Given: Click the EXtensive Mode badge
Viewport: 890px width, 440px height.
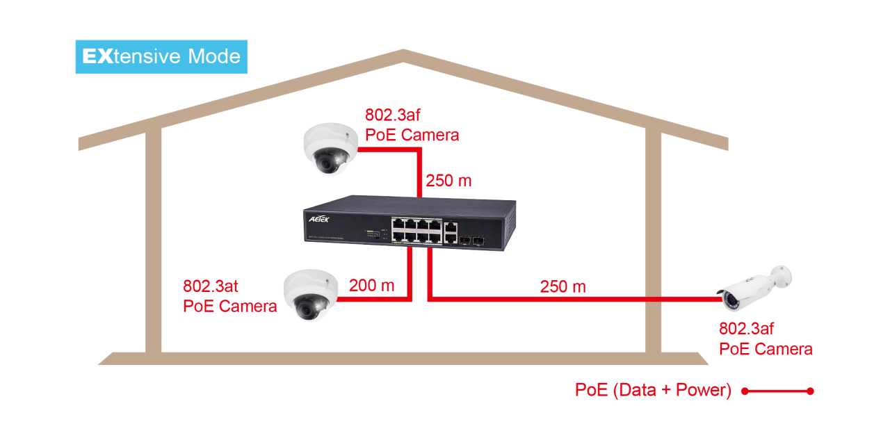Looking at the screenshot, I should tap(161, 56).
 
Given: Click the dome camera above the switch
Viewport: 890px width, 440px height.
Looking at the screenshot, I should tap(330, 148).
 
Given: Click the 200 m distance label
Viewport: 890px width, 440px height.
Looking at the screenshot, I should tap(371, 285).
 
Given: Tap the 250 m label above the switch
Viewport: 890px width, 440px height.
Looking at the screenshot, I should tap(448, 181).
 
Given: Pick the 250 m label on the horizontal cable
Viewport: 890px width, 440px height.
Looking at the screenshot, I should tap(563, 286).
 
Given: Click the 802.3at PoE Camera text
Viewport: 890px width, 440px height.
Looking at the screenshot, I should tap(230, 296).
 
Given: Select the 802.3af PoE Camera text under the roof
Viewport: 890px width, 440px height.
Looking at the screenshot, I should tap(412, 125).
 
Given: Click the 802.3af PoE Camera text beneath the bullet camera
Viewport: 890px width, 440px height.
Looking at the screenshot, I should tap(766, 339).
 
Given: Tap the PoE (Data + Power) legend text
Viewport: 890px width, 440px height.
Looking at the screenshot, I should tap(653, 391).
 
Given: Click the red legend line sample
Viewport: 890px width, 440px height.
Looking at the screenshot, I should tap(777, 391).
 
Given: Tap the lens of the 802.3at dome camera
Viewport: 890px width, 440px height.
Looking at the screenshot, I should tap(303, 305).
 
